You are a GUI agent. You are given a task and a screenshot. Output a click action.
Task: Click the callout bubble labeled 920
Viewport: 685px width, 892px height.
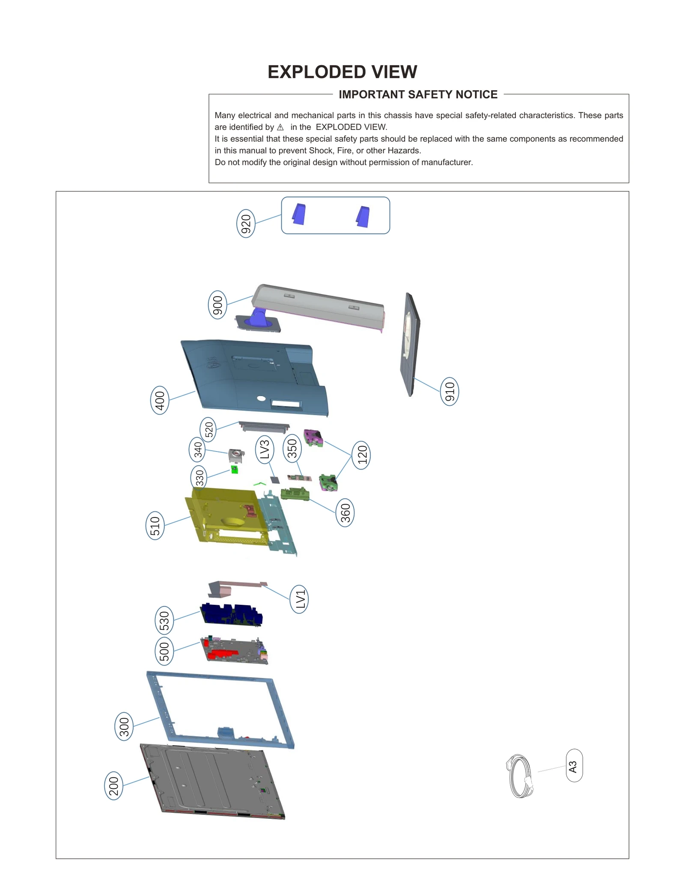click(246, 223)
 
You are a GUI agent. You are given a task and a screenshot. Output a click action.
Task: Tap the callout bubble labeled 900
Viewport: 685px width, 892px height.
click(217, 305)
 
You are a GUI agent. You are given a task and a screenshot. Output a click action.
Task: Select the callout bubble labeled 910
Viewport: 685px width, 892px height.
click(449, 391)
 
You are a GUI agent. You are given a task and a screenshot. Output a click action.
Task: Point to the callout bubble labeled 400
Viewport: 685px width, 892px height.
click(160, 400)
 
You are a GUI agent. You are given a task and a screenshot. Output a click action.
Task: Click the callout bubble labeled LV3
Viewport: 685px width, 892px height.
click(265, 449)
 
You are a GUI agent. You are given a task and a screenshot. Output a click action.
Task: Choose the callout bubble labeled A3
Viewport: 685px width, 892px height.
click(574, 765)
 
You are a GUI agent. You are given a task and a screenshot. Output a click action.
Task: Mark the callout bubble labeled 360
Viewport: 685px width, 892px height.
click(345, 512)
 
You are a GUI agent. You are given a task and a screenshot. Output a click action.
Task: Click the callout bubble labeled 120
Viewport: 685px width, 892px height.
click(361, 455)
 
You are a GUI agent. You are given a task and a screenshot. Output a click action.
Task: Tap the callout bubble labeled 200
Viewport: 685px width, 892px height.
click(113, 786)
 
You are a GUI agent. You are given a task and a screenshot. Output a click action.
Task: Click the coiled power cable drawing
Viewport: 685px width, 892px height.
click(520, 776)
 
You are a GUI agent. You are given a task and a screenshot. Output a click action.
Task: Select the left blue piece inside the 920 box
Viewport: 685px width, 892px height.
click(299, 214)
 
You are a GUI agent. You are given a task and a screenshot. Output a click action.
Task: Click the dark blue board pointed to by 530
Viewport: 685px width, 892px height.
click(231, 615)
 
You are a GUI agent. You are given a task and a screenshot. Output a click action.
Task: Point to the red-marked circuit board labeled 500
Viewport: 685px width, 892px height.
click(234, 650)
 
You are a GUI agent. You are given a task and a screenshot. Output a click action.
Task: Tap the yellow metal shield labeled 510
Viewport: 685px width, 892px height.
click(223, 516)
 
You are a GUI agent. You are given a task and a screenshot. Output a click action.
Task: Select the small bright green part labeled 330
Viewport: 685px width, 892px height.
click(235, 470)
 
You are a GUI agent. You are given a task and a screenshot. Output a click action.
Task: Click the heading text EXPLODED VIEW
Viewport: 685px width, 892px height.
click(342, 72)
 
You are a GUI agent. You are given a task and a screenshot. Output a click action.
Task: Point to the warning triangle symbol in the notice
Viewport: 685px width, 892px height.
click(280, 127)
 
